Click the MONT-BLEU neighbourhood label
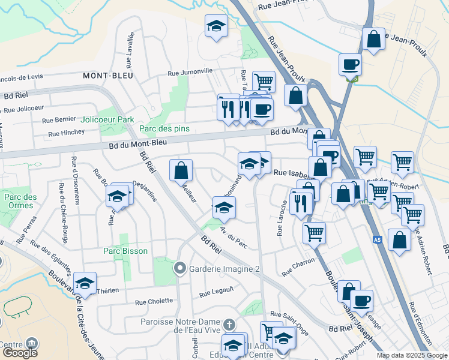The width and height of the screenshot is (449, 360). [108, 76]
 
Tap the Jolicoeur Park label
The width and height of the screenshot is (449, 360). [107, 119]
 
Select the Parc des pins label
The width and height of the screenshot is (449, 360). [164, 128]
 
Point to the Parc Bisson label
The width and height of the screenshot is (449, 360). [125, 251]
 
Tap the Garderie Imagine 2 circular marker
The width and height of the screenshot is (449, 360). [179, 269]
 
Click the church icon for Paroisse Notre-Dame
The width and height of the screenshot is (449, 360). [228, 325]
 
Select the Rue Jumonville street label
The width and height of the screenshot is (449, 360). [190, 71]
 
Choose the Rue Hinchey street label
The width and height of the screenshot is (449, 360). [66, 133]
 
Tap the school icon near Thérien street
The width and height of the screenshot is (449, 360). [85, 282]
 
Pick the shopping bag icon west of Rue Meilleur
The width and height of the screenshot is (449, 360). [181, 170]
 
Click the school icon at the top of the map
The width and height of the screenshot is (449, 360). [216, 26]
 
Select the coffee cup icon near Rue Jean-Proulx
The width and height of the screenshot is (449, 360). [349, 64]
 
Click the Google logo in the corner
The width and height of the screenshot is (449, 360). [20, 353]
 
